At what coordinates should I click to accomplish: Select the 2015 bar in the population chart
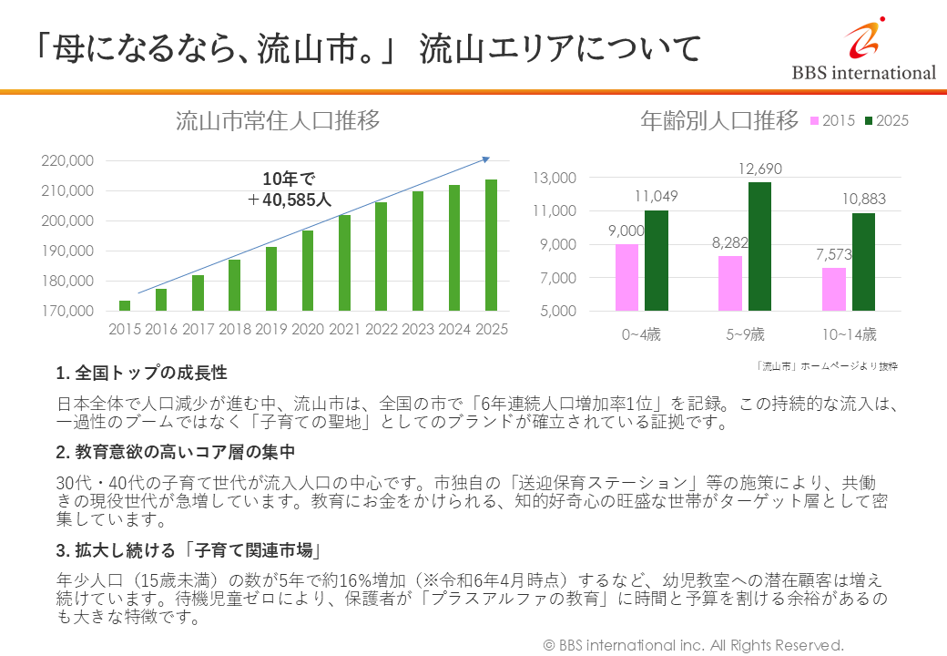point(125,305)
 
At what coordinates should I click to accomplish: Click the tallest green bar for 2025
point(491,245)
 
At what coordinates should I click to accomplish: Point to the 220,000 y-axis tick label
point(69,160)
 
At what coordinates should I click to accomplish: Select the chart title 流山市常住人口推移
point(278,122)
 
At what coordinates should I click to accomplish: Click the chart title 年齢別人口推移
point(720,120)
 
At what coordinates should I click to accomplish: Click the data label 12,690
point(759,169)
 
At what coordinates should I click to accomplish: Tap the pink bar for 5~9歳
point(730,283)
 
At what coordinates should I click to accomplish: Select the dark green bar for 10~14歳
point(863,262)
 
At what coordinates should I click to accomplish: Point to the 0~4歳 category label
point(641,334)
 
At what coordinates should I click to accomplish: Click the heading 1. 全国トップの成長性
point(142,373)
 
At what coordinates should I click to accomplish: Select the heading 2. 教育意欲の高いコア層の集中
point(175,451)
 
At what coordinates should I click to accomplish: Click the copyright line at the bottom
point(694,645)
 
